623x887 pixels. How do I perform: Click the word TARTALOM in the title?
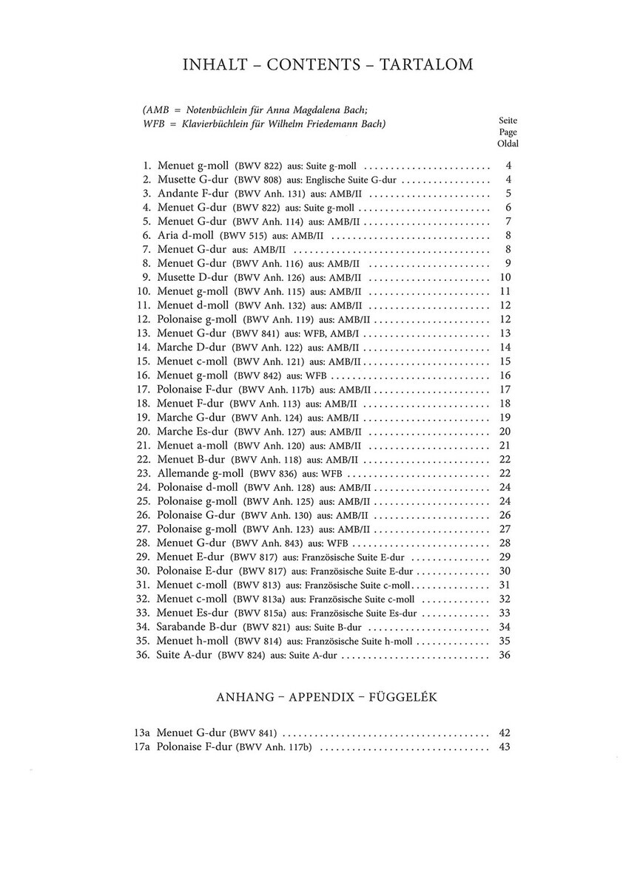pos(426,65)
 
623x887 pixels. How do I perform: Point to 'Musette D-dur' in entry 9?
pos(192,278)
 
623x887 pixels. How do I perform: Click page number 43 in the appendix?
pos(505,747)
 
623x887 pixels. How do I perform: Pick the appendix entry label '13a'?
pos(143,733)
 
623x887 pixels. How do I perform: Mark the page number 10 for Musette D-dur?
pos(505,278)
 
